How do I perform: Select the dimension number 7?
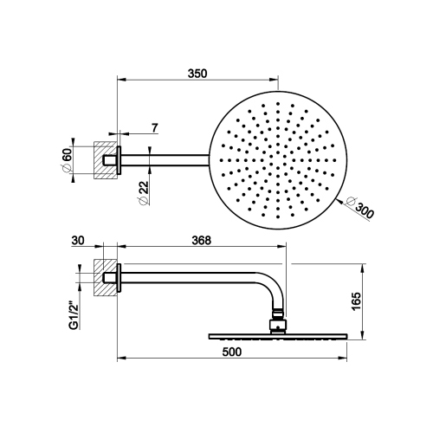[x=154, y=128]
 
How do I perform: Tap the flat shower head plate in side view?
[x=277, y=336]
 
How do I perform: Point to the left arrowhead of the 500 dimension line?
[x=120, y=357]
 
